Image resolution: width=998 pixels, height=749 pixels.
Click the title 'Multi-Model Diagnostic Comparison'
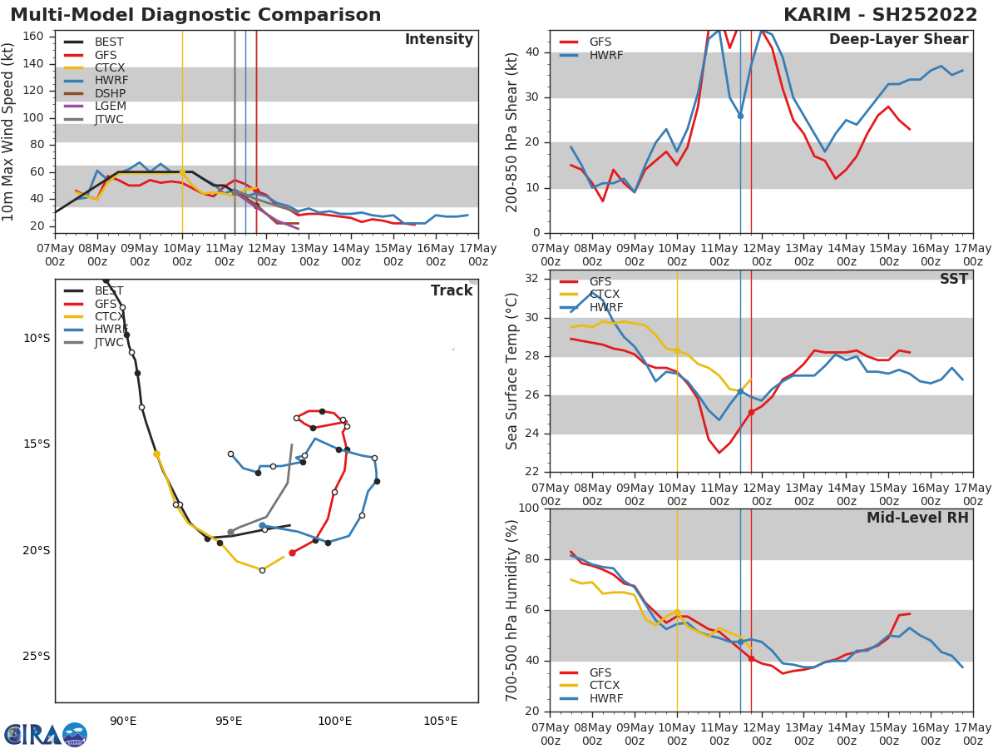[x=195, y=15]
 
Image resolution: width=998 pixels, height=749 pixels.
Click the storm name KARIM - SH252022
[x=880, y=15]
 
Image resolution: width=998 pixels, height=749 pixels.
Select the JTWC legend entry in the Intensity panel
[x=108, y=120]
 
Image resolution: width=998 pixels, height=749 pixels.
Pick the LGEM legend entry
[x=110, y=107]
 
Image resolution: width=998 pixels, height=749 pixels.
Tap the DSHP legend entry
[x=110, y=93]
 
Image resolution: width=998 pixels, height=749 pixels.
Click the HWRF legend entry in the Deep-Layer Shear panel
[x=605, y=55]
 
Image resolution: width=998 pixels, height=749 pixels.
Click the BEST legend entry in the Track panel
[x=108, y=291]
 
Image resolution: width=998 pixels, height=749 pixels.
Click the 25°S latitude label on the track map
[x=37, y=656]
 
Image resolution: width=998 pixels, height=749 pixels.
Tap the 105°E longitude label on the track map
[x=440, y=721]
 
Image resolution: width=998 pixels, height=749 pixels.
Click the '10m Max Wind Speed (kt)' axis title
[x=9, y=131]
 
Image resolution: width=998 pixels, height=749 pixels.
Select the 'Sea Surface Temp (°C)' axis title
[x=512, y=371]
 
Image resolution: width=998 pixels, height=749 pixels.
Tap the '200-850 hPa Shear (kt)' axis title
[x=512, y=131]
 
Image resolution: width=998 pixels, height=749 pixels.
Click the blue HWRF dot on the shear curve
[x=740, y=116]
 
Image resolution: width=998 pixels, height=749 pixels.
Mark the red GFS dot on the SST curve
[x=751, y=412]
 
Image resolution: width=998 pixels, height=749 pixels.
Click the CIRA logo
[x=46, y=734]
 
